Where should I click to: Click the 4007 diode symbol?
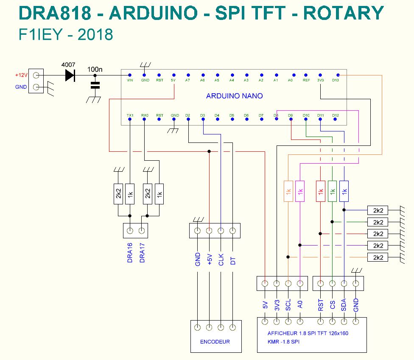pos(70,75)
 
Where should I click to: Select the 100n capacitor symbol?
pos(95,85)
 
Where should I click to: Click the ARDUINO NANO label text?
pos(234,96)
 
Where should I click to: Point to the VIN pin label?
pos(130,80)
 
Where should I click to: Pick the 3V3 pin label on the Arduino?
pos(321,80)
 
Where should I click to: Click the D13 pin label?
pos(336,80)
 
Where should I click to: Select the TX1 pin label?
pos(130,115)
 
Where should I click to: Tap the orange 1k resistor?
pos(288,192)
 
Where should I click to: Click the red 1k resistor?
pos(321,192)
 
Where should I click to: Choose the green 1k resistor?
pos(333,192)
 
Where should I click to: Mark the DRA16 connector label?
pos(130,253)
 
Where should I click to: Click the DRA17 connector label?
pos(142,253)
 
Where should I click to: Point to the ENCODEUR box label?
pos(215,341)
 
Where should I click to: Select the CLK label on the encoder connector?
pos(221,259)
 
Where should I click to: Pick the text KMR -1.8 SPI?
pos(283,341)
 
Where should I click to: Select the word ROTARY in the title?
pos(344,14)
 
